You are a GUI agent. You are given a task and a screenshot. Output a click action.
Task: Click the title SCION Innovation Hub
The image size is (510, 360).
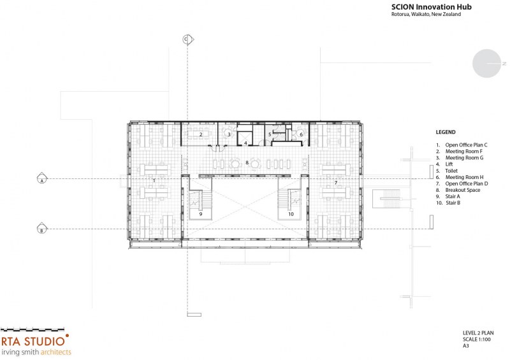432,7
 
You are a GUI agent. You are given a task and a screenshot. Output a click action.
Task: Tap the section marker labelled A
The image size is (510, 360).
42,178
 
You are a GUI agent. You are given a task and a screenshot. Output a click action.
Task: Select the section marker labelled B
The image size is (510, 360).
41,229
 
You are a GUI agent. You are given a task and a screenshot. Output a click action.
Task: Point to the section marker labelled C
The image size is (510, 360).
187,40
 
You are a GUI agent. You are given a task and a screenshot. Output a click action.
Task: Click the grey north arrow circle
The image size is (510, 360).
486,64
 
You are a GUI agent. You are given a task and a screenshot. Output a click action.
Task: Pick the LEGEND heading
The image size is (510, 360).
446,132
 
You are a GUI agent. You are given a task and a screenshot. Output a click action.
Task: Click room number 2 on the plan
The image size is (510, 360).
201,134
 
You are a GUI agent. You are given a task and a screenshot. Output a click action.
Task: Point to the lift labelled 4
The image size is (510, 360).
245,143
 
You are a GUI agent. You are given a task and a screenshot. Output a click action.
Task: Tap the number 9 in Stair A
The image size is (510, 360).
201,214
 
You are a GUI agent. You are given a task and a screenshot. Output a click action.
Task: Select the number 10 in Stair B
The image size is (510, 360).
291,214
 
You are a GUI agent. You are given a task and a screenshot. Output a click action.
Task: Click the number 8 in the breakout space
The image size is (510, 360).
247,162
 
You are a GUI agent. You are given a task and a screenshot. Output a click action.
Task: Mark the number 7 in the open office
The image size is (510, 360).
336,183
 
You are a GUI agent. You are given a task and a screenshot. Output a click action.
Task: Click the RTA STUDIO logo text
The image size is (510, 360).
33,341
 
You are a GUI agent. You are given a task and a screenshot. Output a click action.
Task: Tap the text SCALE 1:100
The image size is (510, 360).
477,339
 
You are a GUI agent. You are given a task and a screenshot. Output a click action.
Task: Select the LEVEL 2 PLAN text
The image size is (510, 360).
478,333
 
